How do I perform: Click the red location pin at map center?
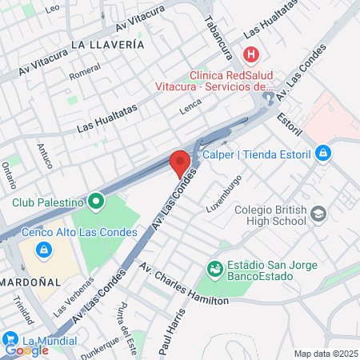pyautogui.click(x=180, y=162)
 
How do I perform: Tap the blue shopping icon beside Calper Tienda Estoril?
pyautogui.click(x=322, y=152)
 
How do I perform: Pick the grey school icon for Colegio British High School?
pyautogui.click(x=319, y=214)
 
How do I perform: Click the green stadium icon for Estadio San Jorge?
pyautogui.click(x=214, y=269)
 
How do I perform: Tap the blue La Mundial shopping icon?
pyautogui.click(x=10, y=339)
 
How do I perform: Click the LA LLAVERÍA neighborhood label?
pyautogui.click(x=106, y=45)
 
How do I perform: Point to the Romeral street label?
pyautogui.click(x=84, y=72)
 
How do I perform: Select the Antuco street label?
pyautogui.click(x=44, y=155)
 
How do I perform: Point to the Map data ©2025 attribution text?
pyautogui.click(x=325, y=354)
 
